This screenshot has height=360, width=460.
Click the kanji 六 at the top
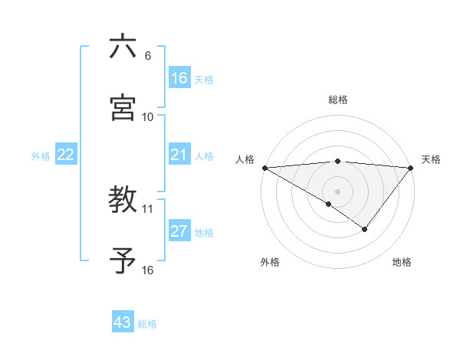tap(123, 47)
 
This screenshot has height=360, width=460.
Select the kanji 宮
tap(123, 108)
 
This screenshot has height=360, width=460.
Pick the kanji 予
tap(123, 260)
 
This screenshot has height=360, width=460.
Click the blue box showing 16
tap(179, 78)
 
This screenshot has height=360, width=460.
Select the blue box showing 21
tap(179, 155)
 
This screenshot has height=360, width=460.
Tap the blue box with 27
tap(179, 231)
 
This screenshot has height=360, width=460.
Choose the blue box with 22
tap(66, 155)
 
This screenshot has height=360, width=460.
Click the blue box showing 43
tap(123, 322)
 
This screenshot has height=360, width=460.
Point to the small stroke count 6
tap(148, 56)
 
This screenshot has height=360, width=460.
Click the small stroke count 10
tap(148, 117)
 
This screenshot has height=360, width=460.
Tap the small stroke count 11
tap(148, 208)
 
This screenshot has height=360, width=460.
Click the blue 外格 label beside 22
tap(41, 155)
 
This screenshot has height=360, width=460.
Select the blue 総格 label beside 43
tap(147, 323)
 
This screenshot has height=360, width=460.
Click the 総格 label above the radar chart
tap(338, 100)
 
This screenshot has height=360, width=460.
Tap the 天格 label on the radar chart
tap(431, 159)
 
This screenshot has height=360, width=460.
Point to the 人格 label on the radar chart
tap(245, 159)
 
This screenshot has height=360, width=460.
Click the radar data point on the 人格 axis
tap(264, 167)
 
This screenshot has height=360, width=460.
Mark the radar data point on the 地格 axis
tap(365, 229)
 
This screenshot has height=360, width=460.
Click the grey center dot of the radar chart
tap(338, 191)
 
